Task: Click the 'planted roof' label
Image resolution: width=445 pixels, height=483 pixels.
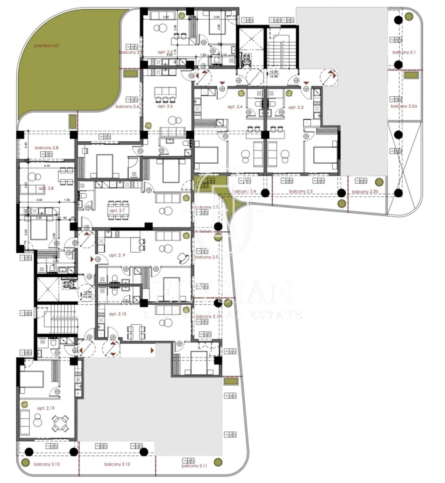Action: coord(47,46)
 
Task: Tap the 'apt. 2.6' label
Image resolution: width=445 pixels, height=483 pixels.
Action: coord(165,106)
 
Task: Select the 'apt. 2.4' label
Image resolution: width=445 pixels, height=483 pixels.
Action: coord(235,107)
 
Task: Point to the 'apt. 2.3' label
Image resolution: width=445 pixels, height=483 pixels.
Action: coord(296,107)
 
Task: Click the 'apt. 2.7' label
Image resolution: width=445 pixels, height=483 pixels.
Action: coord(117,211)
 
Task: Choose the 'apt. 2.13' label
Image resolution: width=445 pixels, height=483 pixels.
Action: coord(46,408)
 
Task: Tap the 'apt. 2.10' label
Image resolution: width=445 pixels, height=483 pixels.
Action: coord(118,314)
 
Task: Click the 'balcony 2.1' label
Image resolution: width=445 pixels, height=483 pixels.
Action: coord(404,52)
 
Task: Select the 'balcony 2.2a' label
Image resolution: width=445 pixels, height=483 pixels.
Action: coord(404,106)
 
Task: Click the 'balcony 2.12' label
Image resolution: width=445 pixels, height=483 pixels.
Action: coord(117,464)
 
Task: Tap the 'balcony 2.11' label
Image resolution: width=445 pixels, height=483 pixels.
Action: coord(194,466)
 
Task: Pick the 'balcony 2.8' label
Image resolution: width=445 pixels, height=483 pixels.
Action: coord(47,148)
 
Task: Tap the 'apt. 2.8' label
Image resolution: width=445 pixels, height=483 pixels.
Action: coord(46,188)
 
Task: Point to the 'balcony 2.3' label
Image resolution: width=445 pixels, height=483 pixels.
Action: coord(301,191)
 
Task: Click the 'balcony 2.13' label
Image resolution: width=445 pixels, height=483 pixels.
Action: coord(47,464)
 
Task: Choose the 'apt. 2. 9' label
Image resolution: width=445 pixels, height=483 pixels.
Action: coord(117,255)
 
